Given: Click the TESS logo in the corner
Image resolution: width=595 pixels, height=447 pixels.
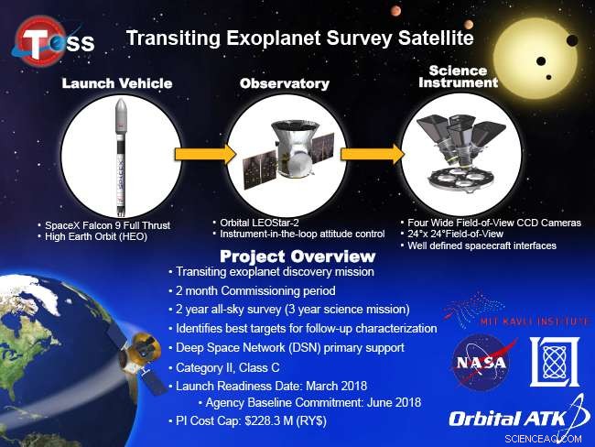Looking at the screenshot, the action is tap(52, 40).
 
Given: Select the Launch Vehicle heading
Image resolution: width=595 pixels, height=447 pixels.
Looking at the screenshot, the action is tap(117, 83).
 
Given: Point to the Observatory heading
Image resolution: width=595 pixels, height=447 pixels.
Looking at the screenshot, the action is tap(285, 83).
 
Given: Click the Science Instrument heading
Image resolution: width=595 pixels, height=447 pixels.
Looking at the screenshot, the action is tap(458, 76).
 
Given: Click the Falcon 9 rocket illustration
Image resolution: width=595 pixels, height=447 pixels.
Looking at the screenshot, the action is tap(121, 157).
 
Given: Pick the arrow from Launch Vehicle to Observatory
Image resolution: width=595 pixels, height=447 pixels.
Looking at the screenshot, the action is tap(206, 154).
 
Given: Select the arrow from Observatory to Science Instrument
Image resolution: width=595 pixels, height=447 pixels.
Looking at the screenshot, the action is tap(372, 154).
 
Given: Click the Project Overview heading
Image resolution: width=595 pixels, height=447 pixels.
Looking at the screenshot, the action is tap(297, 256).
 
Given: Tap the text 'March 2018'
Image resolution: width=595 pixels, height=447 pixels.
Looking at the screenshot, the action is tap(336, 386).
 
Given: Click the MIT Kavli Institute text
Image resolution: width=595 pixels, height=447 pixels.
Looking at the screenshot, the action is tap(535, 322).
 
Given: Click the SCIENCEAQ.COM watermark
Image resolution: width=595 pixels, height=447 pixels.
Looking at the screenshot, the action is tap(543, 439).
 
